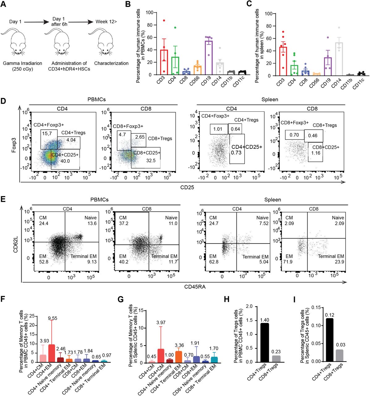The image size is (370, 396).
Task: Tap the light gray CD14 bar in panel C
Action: (339, 59)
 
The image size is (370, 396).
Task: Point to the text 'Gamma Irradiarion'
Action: (23, 63)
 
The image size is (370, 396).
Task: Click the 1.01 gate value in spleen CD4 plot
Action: (218, 129)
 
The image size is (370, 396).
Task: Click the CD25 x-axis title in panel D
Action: (187, 187)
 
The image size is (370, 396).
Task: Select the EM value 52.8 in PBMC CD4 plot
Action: (44, 262)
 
